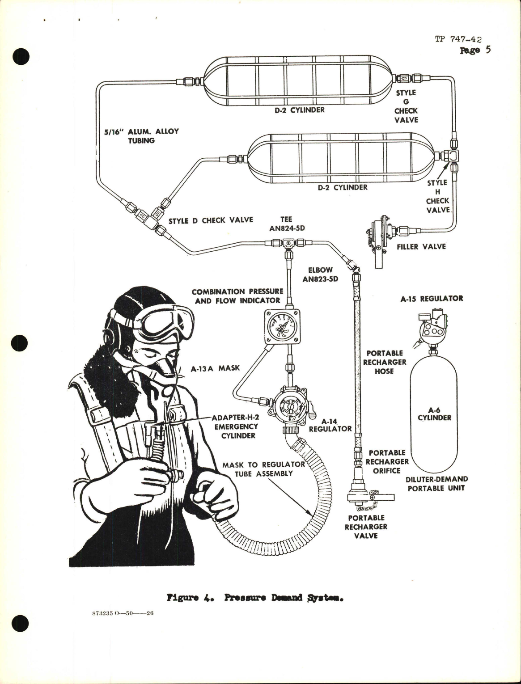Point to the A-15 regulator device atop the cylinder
pyautogui.click(x=432, y=330)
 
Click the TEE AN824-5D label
pyautogui.click(x=286, y=224)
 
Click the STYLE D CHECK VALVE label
pyautogui.click(x=211, y=220)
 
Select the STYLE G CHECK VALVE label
pyautogui.click(x=406, y=106)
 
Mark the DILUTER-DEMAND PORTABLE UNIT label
pyautogui.click(x=437, y=483)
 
